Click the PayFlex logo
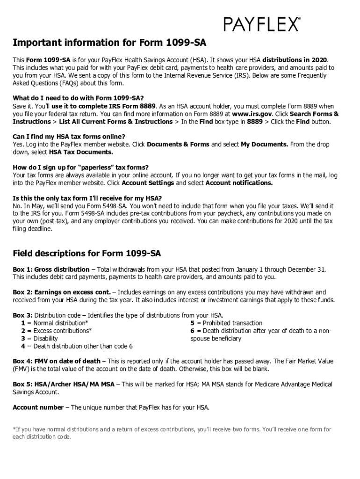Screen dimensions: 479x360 pos(262,23)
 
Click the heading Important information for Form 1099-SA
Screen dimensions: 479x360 pos(109,43)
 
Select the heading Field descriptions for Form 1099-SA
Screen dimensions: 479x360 pos(86,254)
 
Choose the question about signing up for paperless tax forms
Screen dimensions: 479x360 pos(81,167)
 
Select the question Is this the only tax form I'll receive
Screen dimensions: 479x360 pos(87,198)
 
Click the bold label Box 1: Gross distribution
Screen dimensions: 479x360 pos(51,269)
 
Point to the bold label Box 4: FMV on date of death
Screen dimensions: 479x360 pos(57,361)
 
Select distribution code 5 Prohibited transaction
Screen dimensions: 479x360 pos(226,323)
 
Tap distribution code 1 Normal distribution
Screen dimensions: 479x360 pos(54,323)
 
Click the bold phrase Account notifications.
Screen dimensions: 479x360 pos(239,183)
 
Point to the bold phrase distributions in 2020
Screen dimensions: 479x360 pos(295,60)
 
